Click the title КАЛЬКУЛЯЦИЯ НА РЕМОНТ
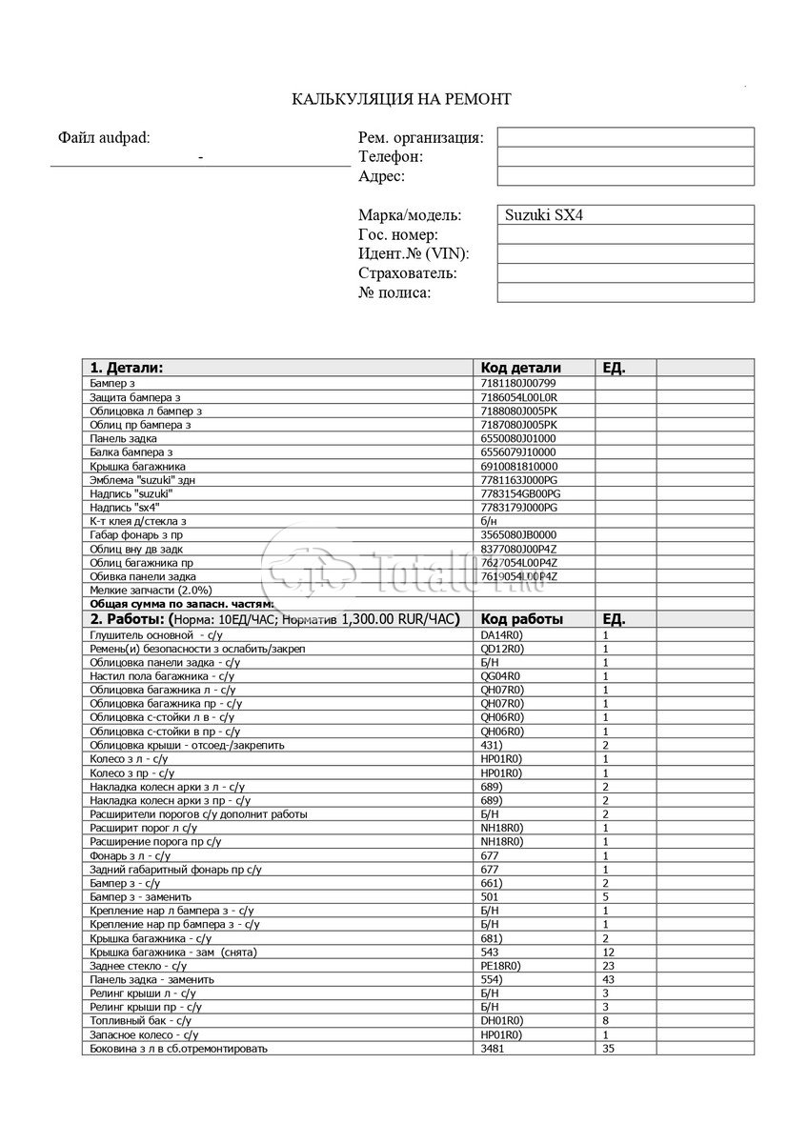[401, 99]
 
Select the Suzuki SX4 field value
[544, 215]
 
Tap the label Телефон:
[391, 156]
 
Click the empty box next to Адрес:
[625, 176]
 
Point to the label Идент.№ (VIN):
[414, 253]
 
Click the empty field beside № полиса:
[625, 292]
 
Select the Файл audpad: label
[104, 137]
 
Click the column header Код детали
[520, 368]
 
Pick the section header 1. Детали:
[126, 368]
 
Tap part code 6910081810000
[519, 466]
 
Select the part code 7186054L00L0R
[519, 396]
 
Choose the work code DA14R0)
[501, 634]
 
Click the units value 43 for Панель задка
[609, 979]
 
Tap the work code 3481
[492, 1049]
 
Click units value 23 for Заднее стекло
[609, 965]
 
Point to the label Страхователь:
[408, 273]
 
